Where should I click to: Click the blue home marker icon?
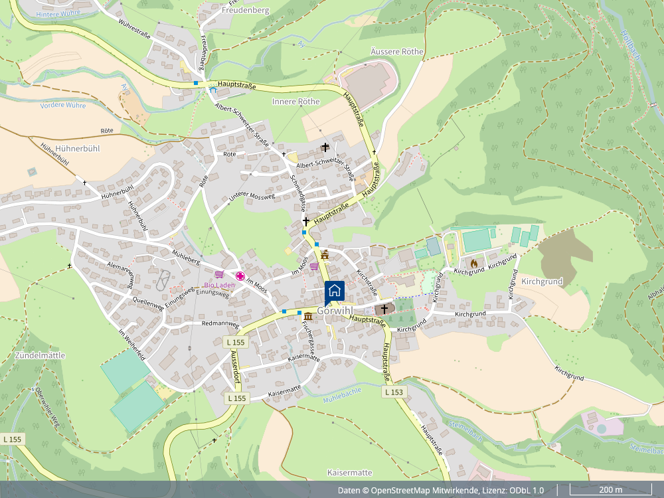[335, 291]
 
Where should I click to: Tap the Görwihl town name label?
[335, 311]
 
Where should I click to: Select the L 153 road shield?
[394, 392]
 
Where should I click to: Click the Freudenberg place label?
[245, 11]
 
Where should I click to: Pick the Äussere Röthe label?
[397, 52]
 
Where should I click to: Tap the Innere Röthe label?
[295, 102]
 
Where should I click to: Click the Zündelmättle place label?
[39, 355]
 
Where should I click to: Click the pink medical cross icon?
[240, 276]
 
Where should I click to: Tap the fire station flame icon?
[473, 264]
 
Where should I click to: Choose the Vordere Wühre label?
[63, 106]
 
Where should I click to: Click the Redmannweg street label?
[220, 323]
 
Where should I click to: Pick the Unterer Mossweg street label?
[252, 197]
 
